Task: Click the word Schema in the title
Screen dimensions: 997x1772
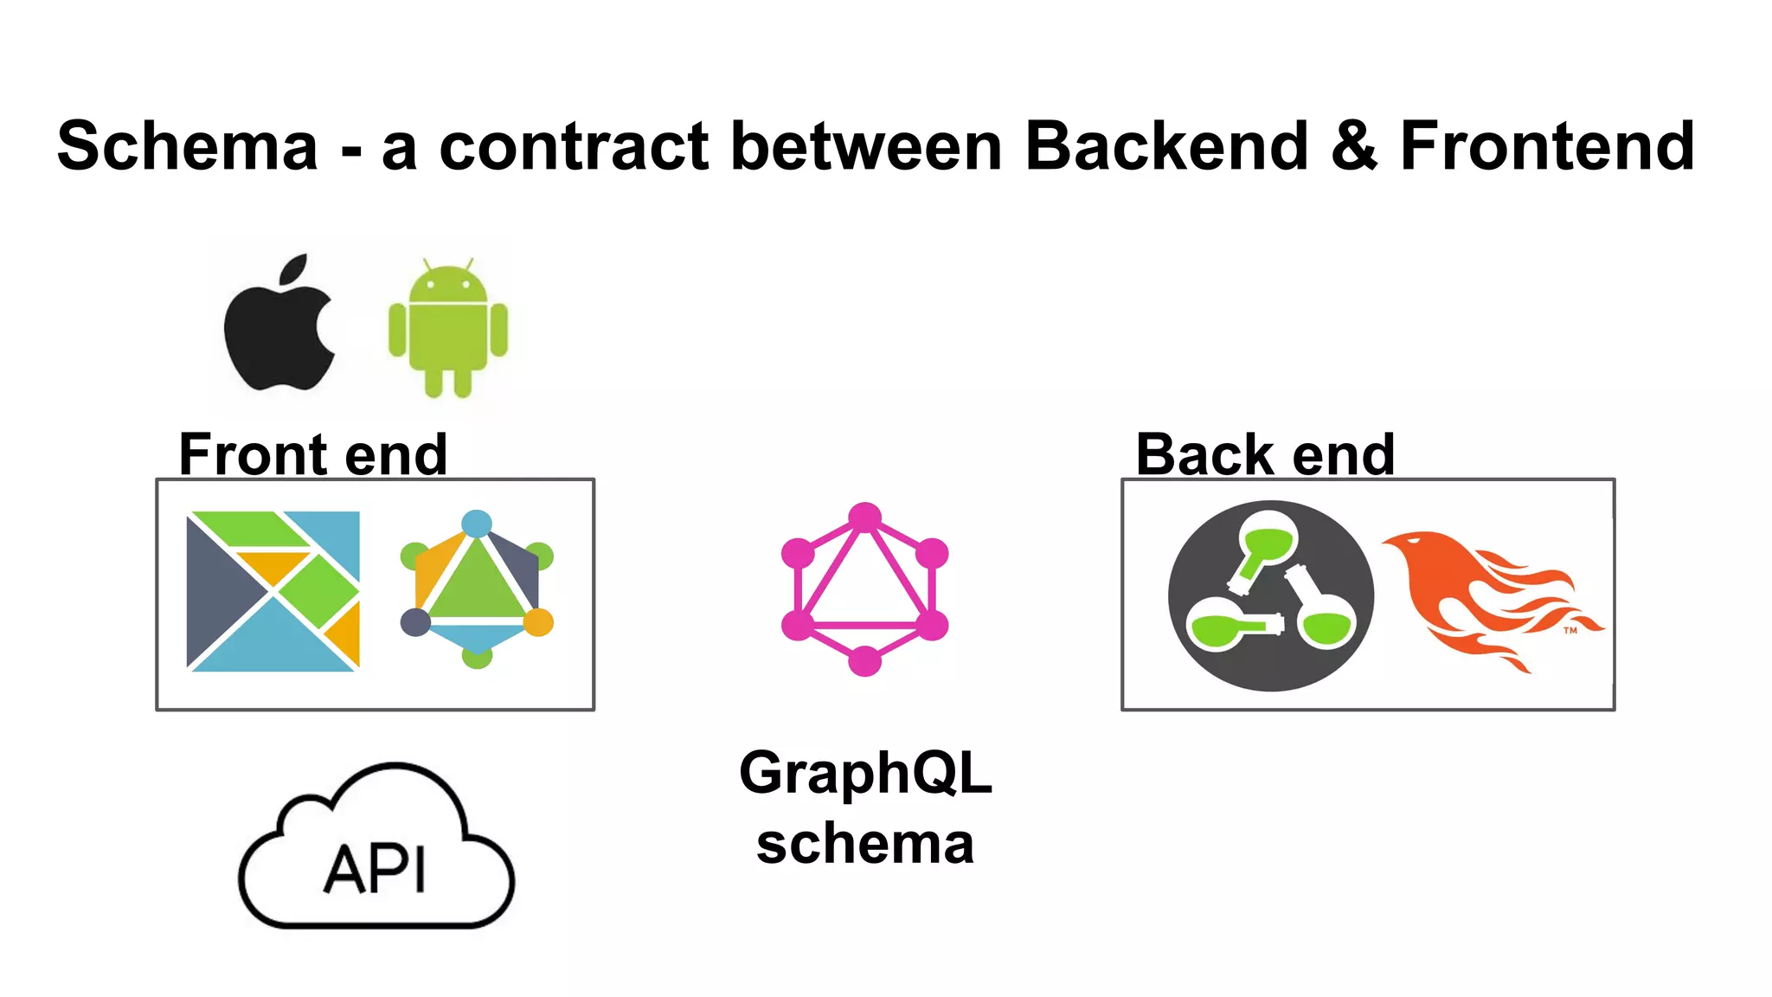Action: (188, 145)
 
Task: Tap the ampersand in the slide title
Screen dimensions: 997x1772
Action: (1354, 145)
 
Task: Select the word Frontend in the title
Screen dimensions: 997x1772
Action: (1547, 145)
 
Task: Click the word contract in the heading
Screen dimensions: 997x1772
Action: (575, 145)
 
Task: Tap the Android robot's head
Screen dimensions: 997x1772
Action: (447, 284)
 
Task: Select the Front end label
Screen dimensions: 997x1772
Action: (312, 454)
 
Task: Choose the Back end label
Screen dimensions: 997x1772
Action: (1265, 454)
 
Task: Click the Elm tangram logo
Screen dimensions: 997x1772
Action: (273, 591)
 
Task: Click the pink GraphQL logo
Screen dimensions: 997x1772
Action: (864, 589)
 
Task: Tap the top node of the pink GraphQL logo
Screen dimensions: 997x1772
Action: (864, 518)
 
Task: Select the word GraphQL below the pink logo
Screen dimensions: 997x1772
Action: (864, 772)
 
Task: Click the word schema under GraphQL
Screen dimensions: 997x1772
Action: (864, 844)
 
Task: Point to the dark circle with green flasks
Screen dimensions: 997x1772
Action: (1270, 595)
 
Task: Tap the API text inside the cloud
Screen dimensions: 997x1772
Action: (375, 869)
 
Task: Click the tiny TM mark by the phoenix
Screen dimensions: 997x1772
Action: (1570, 630)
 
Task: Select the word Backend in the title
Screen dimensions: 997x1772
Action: (1166, 145)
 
